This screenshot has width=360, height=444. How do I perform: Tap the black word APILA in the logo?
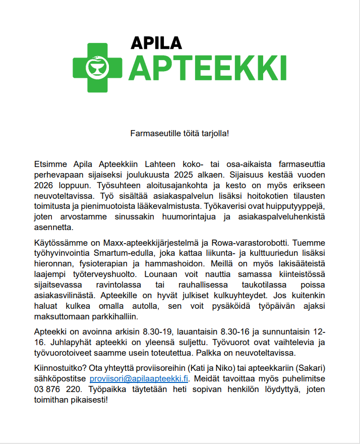(156, 43)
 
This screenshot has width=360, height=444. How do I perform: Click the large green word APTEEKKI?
(207, 67)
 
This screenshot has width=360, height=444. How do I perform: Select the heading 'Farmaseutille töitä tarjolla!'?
(180, 134)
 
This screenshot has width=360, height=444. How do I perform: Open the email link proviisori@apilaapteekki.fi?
(139, 378)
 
